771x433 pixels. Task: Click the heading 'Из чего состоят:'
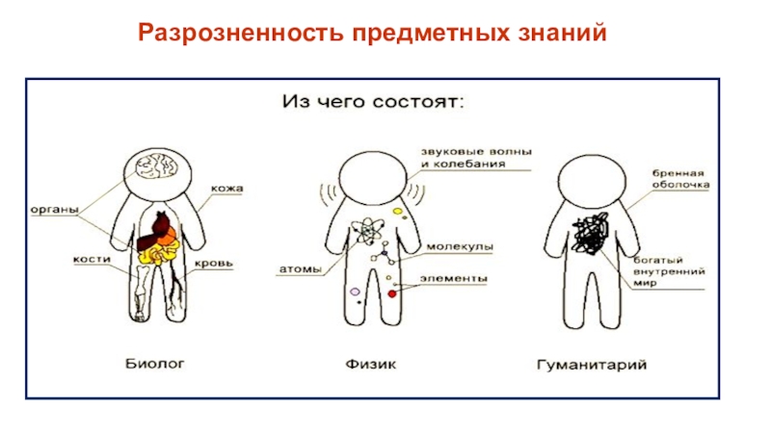tap(372, 100)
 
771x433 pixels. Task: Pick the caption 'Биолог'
tap(155, 364)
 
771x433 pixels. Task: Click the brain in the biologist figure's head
tap(155, 168)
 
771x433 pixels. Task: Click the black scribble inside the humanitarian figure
tap(590, 234)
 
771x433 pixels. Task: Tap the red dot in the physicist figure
tap(392, 292)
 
